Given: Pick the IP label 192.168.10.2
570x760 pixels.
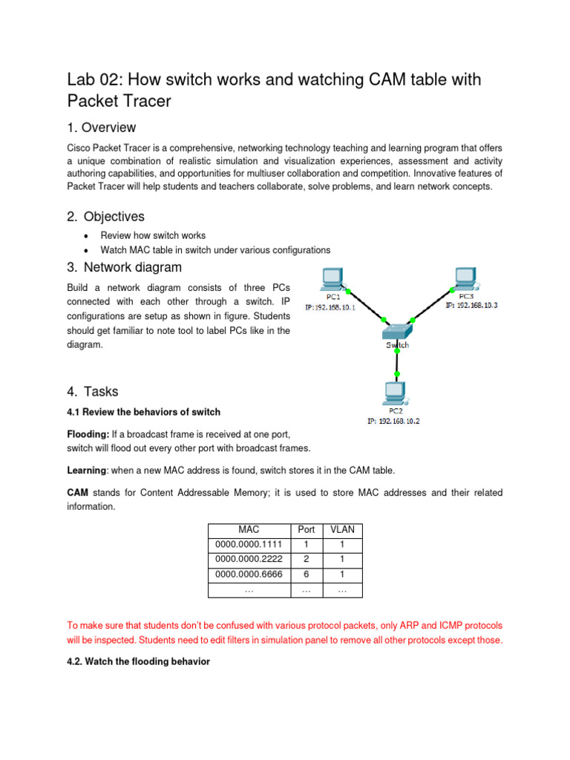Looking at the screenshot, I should [x=393, y=421].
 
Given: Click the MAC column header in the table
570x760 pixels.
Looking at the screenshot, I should [x=249, y=529].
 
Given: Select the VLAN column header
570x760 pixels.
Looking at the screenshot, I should [x=341, y=529].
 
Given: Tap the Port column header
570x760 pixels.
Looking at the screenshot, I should [x=306, y=529].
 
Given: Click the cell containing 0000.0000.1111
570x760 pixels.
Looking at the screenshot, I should [x=249, y=545].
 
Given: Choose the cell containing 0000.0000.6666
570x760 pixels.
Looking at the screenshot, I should [x=249, y=575].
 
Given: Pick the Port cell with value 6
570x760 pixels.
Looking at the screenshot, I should [x=306, y=575].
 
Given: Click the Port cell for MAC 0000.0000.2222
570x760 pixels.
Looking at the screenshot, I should [x=306, y=560].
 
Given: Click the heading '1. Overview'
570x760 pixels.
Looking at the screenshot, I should [x=102, y=128].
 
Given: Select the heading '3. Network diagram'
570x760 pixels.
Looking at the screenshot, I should [x=124, y=267].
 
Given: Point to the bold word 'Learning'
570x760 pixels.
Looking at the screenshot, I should [x=87, y=470].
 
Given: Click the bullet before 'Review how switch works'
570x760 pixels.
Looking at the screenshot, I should [x=87, y=236].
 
